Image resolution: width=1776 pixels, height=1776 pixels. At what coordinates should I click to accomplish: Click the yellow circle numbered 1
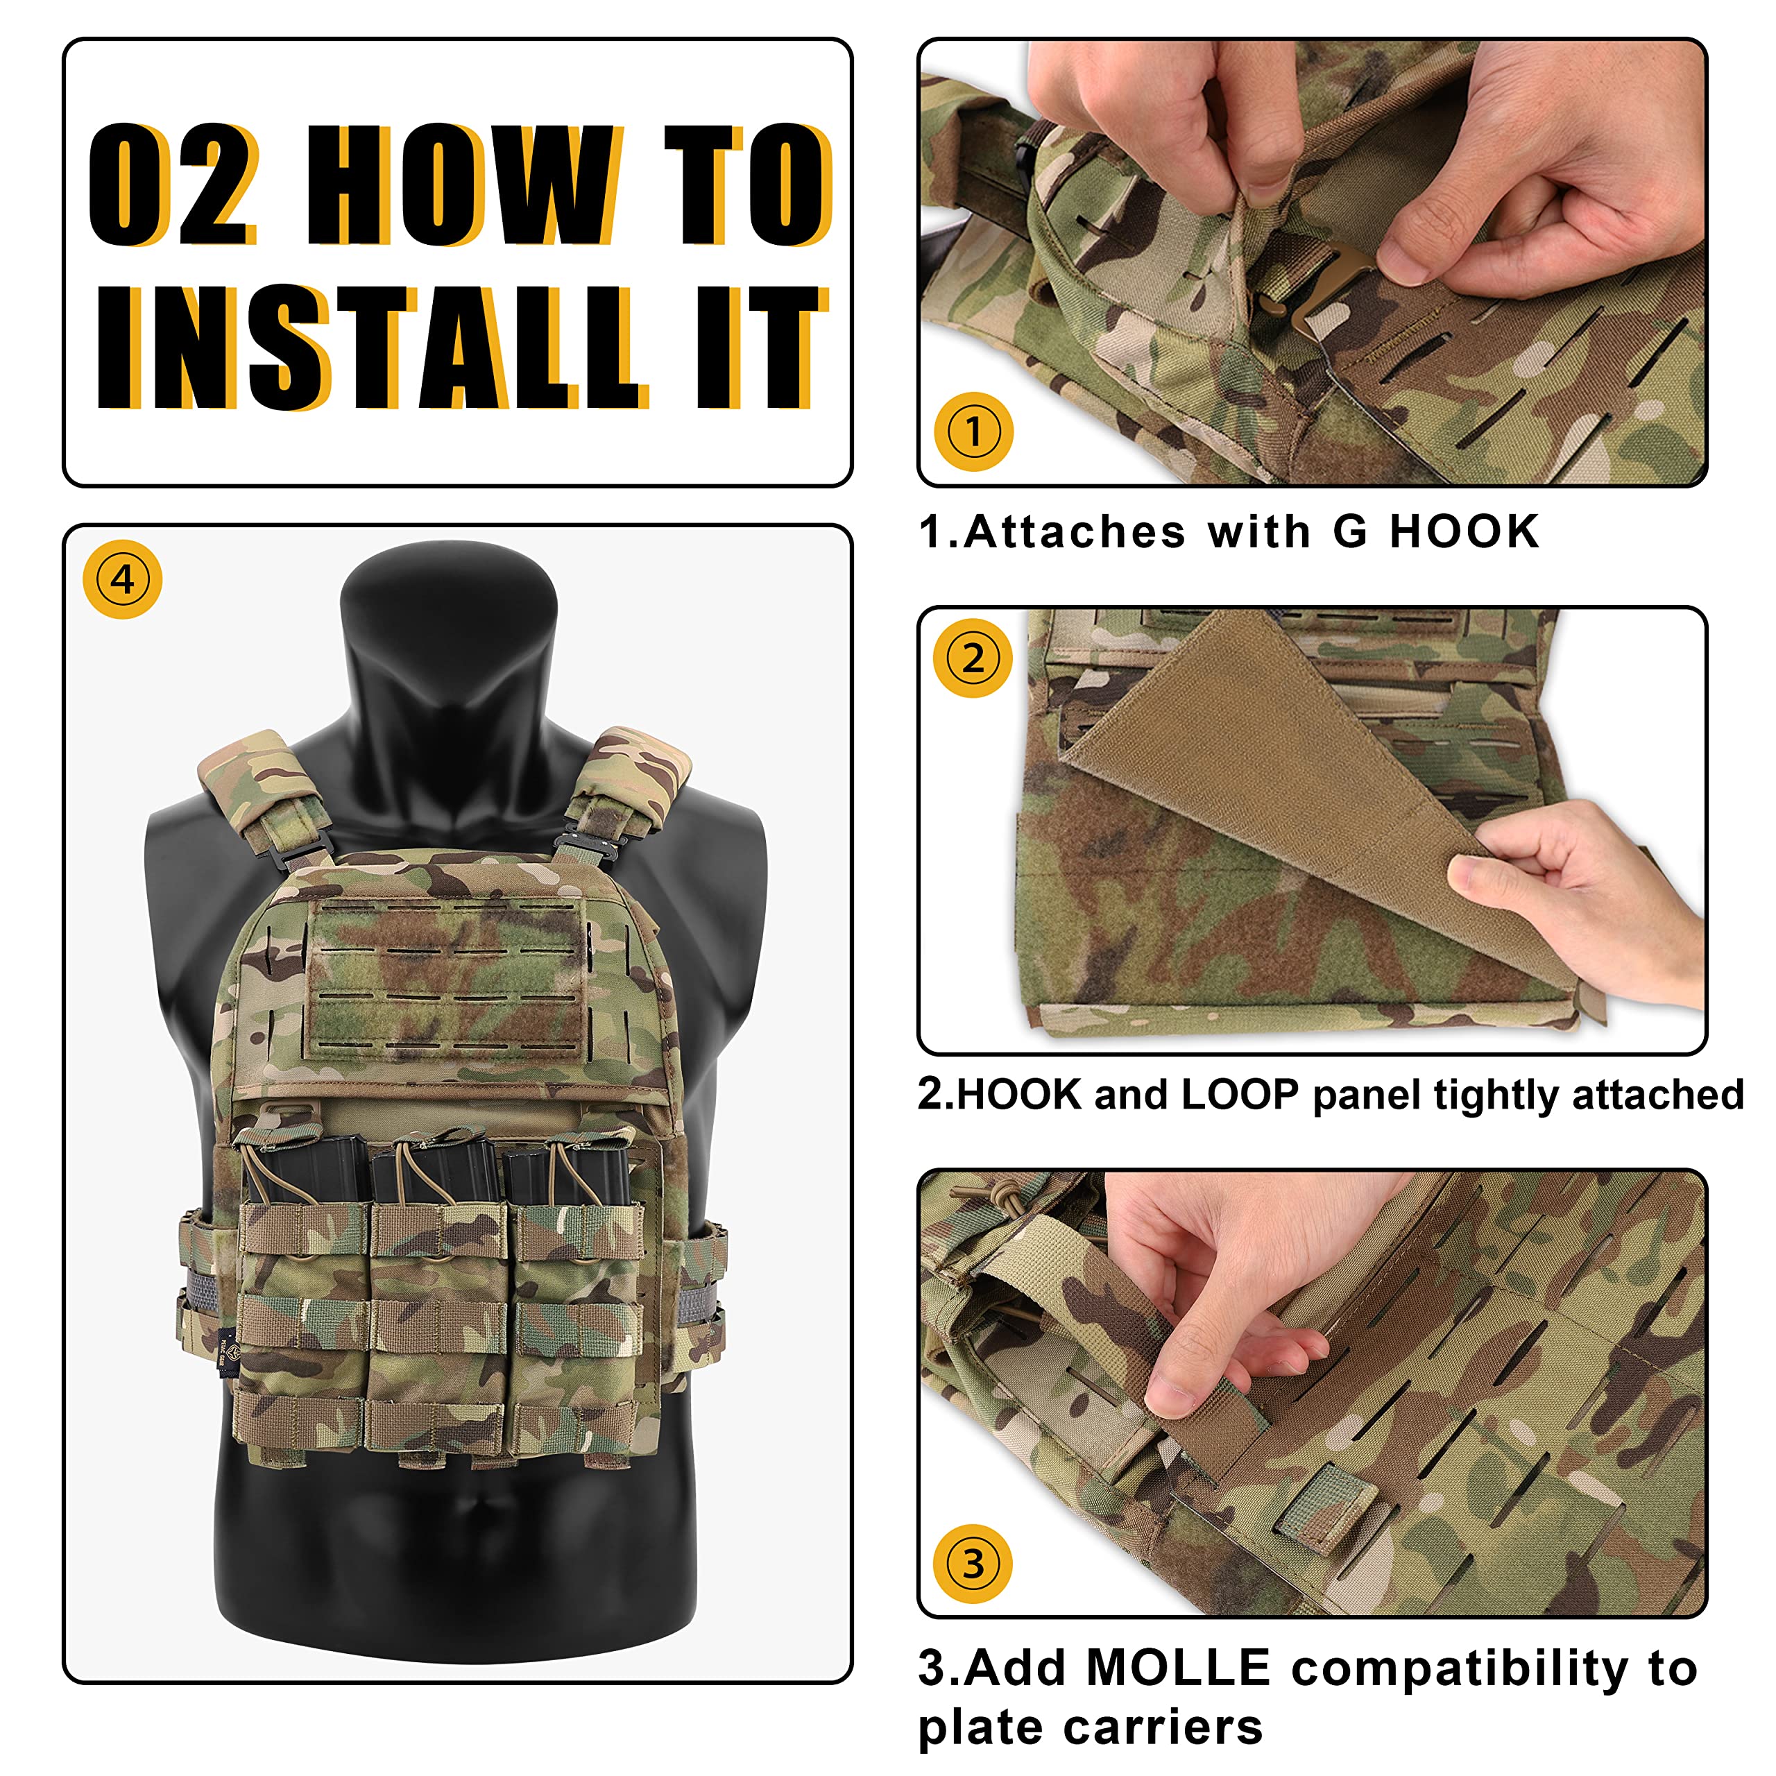pyautogui.click(x=973, y=431)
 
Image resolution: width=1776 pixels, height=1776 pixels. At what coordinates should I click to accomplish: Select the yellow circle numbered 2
pyautogui.click(x=973, y=658)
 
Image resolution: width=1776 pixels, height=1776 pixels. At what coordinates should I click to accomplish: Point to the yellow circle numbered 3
pyautogui.click(x=973, y=1564)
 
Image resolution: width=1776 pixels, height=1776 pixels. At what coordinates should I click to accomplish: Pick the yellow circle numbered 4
pyautogui.click(x=122, y=579)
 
